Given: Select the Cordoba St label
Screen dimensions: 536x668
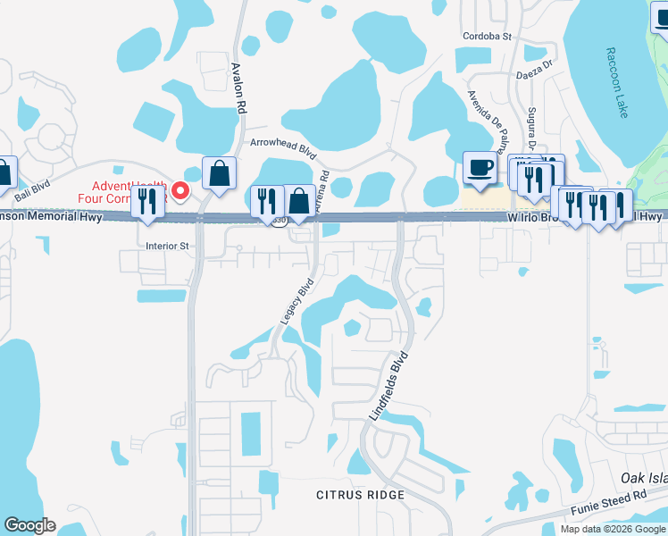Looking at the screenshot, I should point(487,37).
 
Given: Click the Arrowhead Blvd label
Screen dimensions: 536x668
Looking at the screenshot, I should point(284,143).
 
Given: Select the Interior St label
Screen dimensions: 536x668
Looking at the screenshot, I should point(168,244).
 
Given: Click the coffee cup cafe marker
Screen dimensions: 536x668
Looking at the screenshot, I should point(480,167).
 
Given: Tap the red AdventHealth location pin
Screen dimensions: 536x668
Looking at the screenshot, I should point(180,190).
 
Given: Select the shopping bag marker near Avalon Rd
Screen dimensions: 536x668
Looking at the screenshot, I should point(219,172).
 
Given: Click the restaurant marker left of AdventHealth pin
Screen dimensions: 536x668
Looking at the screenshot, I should point(146,201).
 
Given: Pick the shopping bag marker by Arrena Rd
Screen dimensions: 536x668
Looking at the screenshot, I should point(298,201).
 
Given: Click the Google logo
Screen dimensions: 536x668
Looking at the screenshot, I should point(29,525).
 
